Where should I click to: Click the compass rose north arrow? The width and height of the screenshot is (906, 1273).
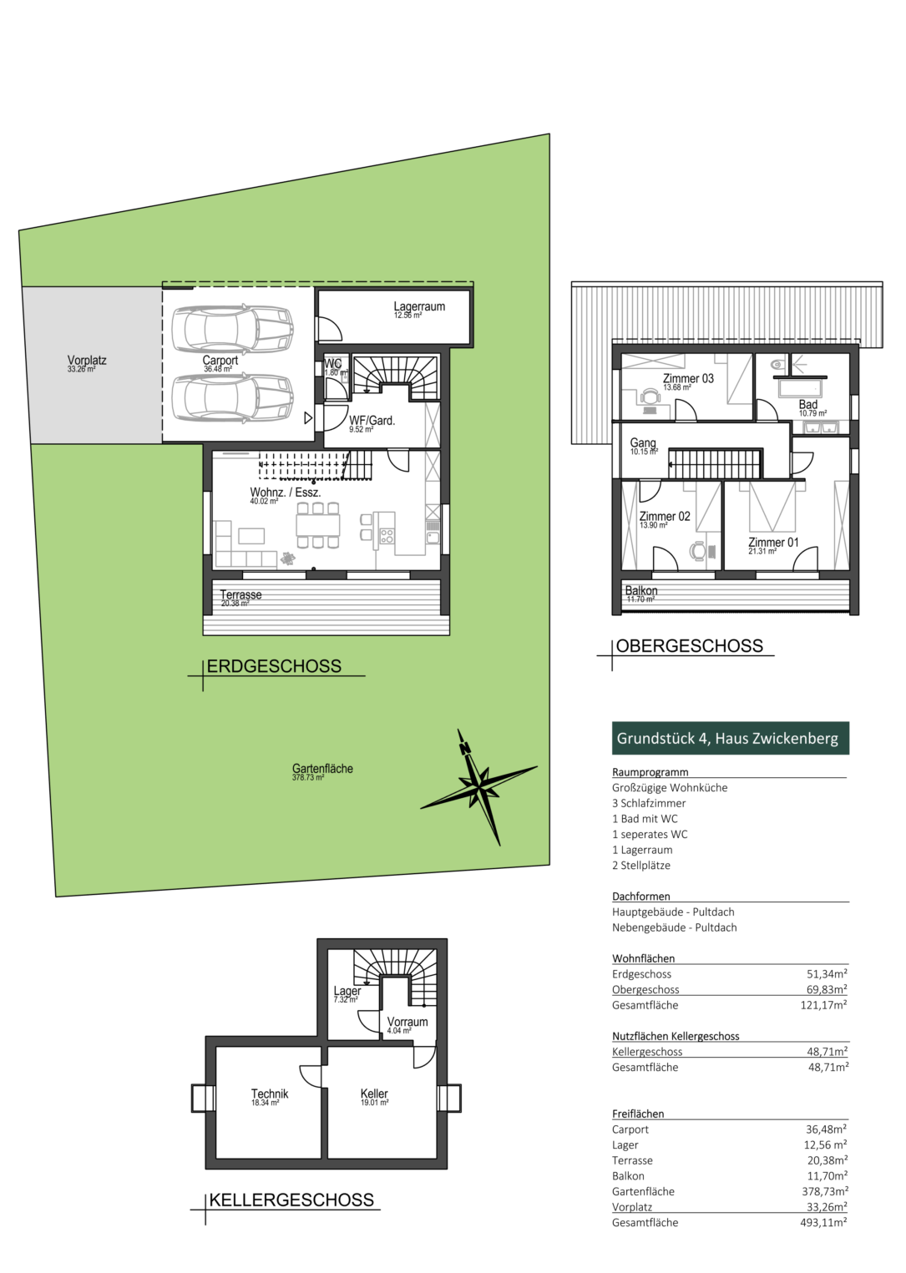pos(479,787)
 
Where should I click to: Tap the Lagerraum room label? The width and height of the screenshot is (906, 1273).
pos(419,306)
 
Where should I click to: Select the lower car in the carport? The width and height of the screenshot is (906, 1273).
pos(232,397)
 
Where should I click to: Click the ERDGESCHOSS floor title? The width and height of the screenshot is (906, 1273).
pos(274,665)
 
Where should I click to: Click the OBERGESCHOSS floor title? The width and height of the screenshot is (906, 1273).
pos(690,645)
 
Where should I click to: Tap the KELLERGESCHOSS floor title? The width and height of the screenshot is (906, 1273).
pos(291,1200)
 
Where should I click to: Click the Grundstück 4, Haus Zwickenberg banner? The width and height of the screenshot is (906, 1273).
pos(731,738)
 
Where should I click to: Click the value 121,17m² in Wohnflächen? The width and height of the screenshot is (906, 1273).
pos(823,1005)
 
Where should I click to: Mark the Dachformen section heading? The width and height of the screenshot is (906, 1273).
pos(641,897)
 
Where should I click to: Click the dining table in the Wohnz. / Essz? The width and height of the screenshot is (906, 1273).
pos(317,524)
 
